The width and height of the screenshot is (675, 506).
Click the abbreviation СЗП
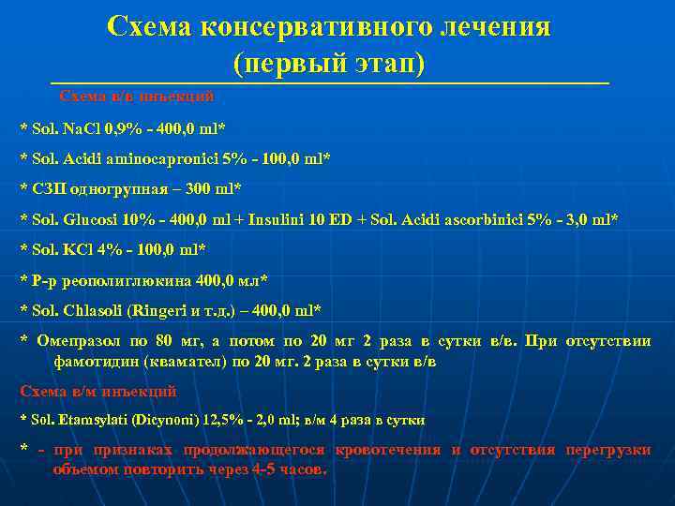tap(45, 188)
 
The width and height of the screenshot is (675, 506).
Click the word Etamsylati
tap(89, 421)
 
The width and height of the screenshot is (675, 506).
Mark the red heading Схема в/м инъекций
tap(98, 392)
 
